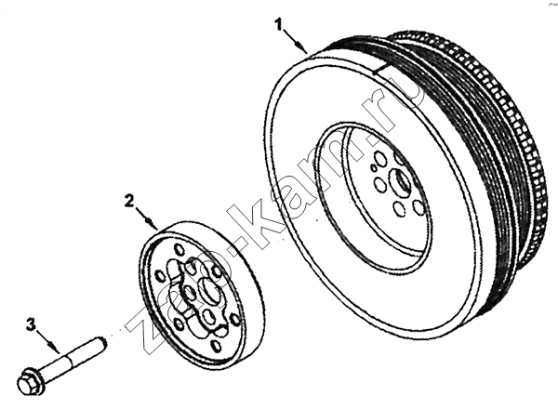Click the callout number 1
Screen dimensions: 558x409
[278, 25]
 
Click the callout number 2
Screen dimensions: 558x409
[129, 201]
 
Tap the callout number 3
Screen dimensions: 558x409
[32, 324]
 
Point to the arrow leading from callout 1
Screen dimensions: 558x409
[295, 42]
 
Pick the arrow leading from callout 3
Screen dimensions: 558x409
[48, 341]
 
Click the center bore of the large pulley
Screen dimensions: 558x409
[401, 181]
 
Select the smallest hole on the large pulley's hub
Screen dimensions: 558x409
[373, 167]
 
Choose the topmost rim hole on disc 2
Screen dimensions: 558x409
[178, 248]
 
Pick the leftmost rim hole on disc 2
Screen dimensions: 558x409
[160, 276]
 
